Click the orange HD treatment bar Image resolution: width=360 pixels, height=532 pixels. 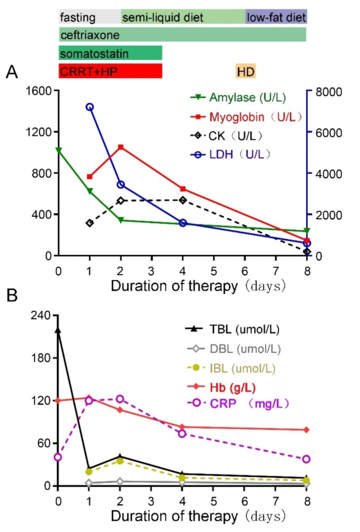click(x=245, y=71)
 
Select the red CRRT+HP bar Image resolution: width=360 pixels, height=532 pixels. click(x=110, y=71)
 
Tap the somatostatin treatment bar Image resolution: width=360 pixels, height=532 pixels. click(x=110, y=53)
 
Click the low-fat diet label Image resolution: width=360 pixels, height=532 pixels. click(x=276, y=17)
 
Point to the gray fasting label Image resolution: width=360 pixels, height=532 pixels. click(x=77, y=17)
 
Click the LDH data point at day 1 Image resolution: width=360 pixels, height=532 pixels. click(x=90, y=107)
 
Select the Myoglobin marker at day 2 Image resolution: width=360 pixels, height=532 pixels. click(x=120, y=147)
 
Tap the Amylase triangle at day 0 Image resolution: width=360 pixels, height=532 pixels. click(x=59, y=150)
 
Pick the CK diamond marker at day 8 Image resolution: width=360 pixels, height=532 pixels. click(x=307, y=252)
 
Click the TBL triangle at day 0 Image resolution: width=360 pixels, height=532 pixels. click(x=58, y=330)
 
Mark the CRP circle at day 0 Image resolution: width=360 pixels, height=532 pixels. click(x=58, y=457)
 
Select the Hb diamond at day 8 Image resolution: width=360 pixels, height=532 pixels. click(x=306, y=429)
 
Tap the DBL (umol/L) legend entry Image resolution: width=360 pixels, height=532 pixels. click(x=234, y=349)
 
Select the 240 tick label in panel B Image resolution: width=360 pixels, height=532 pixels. click(x=41, y=315)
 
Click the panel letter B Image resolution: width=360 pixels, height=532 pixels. click(x=12, y=295)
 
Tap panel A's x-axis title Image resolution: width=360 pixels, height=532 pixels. click(x=198, y=286)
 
